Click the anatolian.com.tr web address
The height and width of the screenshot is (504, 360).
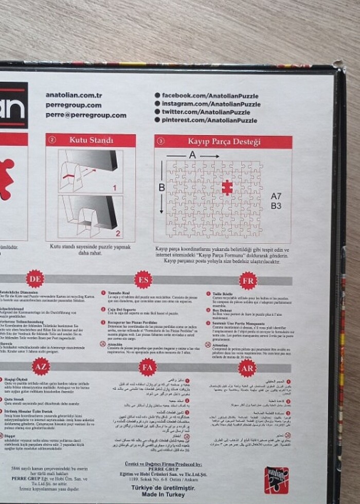point(74,95)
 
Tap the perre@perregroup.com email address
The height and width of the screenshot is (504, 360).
point(85,115)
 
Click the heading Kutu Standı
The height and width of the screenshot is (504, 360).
point(91,140)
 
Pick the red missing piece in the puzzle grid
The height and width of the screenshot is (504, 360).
point(227,188)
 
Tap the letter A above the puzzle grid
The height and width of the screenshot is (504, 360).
point(192,155)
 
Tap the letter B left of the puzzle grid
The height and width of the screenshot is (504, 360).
point(161,188)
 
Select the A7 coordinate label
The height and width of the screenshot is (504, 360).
point(276,196)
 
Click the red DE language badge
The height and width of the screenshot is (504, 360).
point(35,279)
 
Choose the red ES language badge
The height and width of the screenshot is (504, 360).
point(143,279)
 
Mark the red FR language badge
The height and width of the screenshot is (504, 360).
point(248,280)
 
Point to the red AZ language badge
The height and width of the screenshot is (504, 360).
point(41,366)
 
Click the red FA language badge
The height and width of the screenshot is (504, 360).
point(148,367)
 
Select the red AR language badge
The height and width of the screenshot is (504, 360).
point(247,368)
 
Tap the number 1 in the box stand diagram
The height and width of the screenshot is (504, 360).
point(115,188)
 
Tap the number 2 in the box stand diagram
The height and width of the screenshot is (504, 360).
point(117,233)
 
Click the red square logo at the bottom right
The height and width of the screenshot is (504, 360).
point(276,480)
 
